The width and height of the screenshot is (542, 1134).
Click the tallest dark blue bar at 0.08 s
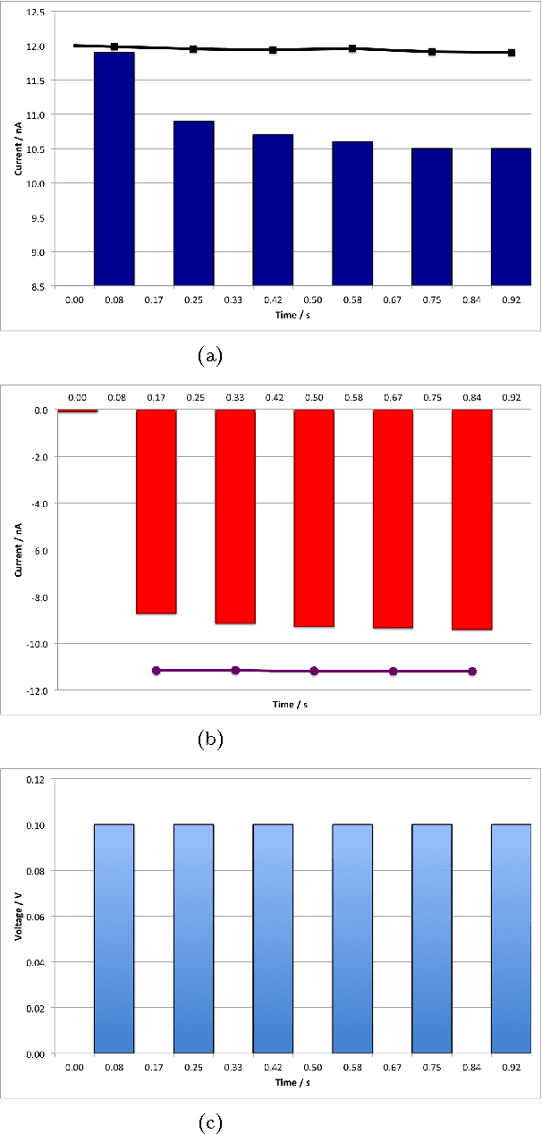114,169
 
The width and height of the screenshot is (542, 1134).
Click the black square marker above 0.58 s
352,48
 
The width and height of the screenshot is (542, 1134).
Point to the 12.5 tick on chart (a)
37,12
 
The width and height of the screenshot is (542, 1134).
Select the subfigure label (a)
208,355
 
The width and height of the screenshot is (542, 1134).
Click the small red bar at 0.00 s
77,411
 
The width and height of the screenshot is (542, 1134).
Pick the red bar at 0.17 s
156,512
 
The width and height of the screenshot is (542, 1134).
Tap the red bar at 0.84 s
472,520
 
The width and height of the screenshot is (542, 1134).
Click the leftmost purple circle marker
157,670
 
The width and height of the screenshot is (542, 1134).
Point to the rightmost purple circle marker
472,671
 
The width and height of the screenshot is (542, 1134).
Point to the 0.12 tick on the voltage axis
36,779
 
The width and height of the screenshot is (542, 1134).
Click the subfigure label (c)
208,1121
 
